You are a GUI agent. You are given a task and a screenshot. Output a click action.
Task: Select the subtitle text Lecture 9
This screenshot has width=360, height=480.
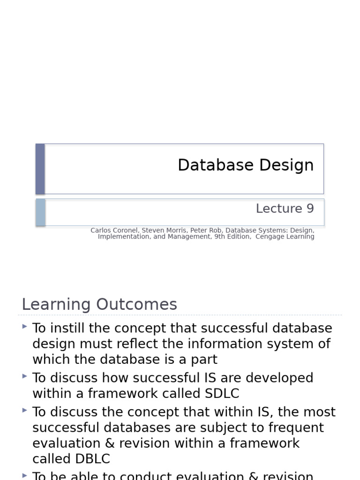tap(285, 209)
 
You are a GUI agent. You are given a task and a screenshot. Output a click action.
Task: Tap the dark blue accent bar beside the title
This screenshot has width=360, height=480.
tap(40, 169)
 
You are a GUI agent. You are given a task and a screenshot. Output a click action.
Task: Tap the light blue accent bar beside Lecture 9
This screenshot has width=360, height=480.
tap(41, 212)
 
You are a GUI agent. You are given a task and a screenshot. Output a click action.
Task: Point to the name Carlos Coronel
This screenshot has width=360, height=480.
tap(113, 231)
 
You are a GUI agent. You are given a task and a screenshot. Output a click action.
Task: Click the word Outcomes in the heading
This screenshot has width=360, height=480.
tap(137, 305)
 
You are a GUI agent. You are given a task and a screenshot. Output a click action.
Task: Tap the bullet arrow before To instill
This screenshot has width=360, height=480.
tap(24, 326)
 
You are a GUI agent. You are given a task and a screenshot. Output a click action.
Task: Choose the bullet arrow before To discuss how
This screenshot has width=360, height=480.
tap(24, 376)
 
